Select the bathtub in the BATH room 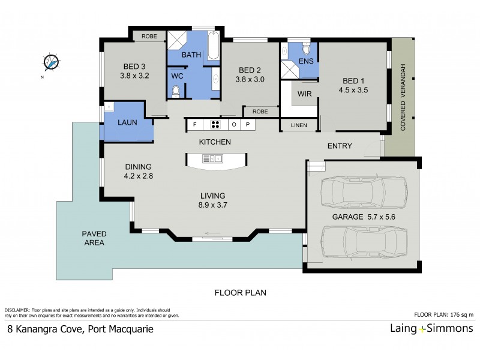click(213, 47)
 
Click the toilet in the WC click(176, 92)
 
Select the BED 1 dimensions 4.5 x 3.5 click(354, 90)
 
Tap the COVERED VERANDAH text click(403, 97)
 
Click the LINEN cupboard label click(299, 125)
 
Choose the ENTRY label click(340, 146)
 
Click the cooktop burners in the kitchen click(214, 125)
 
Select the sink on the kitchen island click(212, 158)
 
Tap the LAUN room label click(127, 122)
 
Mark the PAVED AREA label click(94, 238)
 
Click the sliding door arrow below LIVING click(211, 234)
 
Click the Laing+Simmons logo click(430, 328)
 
